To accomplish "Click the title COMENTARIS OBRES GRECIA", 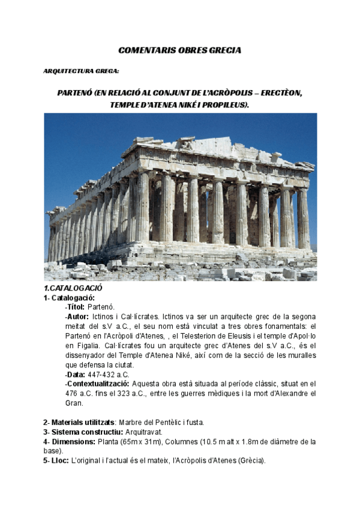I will [179, 50].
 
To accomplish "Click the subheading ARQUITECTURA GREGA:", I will [81, 71].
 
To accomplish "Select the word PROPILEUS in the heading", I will [226, 105].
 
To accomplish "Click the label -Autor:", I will [77, 316].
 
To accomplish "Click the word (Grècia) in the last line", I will [250, 461].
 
